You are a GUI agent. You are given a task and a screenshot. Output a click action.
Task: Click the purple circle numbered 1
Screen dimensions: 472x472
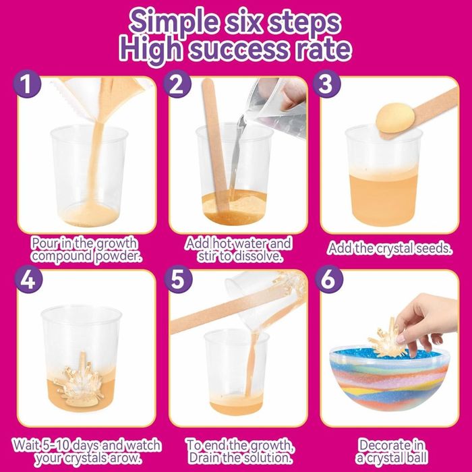[27, 84]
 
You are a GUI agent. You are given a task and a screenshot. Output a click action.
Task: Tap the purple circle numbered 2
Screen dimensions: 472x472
[177, 84]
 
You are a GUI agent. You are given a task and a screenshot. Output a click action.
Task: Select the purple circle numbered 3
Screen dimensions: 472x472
[326, 84]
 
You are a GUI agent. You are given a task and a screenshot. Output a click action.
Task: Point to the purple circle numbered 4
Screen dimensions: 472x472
[28, 279]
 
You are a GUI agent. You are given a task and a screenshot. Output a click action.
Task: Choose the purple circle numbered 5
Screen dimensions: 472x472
[178, 279]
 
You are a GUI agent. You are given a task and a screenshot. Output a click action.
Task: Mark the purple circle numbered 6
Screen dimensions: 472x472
[329, 279]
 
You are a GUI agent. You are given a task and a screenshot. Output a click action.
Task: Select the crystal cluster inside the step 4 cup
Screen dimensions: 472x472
[79, 379]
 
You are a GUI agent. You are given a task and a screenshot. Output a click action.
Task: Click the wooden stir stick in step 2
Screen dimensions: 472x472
[215, 144]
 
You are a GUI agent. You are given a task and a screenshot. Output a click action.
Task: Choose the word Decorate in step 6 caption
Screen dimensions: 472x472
[391, 445]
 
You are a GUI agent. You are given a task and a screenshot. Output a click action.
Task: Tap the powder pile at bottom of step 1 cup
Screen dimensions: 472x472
[90, 214]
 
